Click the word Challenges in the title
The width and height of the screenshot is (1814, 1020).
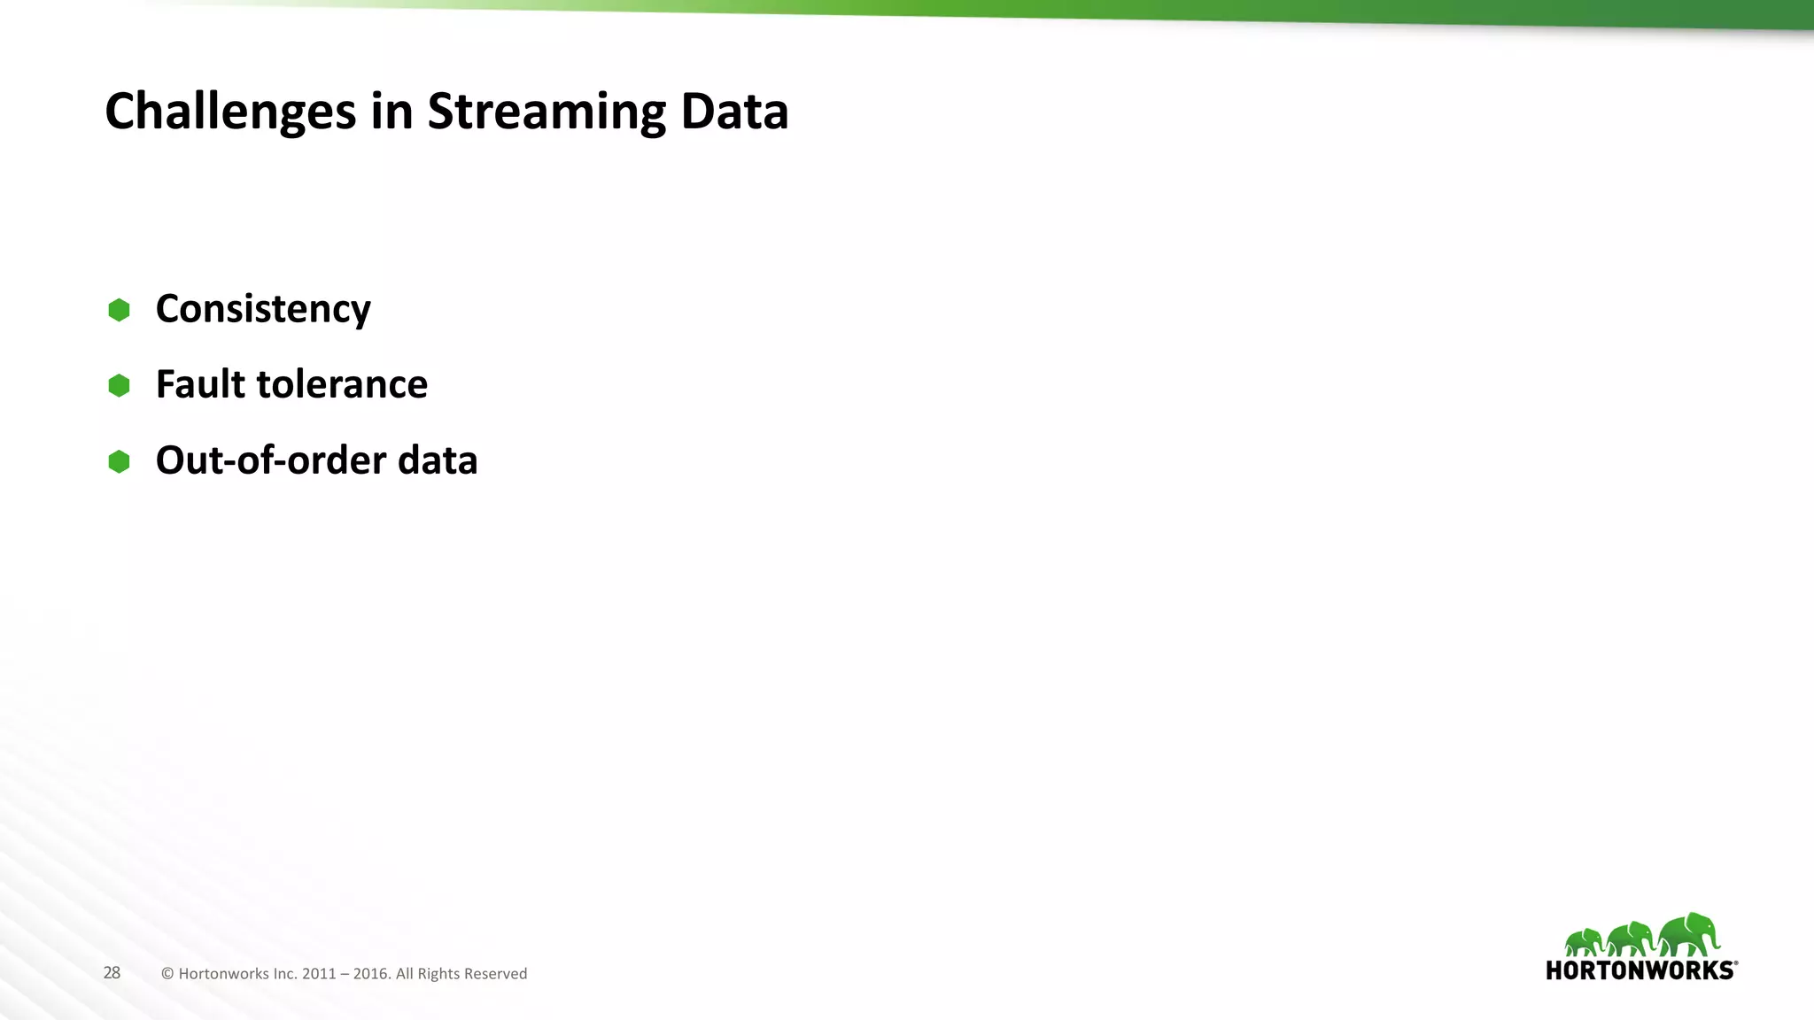pyautogui.click(x=230, y=112)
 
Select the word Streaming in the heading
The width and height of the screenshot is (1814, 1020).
pyautogui.click(x=546, y=112)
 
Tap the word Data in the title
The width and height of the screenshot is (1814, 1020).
pyautogui.click(x=734, y=112)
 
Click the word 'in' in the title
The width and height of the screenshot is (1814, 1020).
pyautogui.click(x=391, y=112)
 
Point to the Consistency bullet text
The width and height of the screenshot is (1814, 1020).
pyautogui.click(x=263, y=309)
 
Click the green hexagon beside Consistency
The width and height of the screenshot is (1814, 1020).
pyautogui.click(x=119, y=310)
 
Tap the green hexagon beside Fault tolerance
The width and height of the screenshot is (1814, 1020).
pyautogui.click(x=119, y=385)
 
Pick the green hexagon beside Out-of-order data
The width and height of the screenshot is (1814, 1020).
pyautogui.click(x=119, y=461)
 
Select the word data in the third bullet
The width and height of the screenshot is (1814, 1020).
pyautogui.click(x=438, y=460)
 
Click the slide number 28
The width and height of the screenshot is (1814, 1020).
pyautogui.click(x=112, y=973)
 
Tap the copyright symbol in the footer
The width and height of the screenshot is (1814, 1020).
pyautogui.click(x=167, y=974)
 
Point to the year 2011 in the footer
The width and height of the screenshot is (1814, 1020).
pyautogui.click(x=319, y=974)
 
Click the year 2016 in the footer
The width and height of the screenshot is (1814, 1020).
pyautogui.click(x=370, y=974)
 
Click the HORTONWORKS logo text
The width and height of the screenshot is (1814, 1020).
pyautogui.click(x=1640, y=970)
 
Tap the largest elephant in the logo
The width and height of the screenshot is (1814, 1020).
pyautogui.click(x=1690, y=934)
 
